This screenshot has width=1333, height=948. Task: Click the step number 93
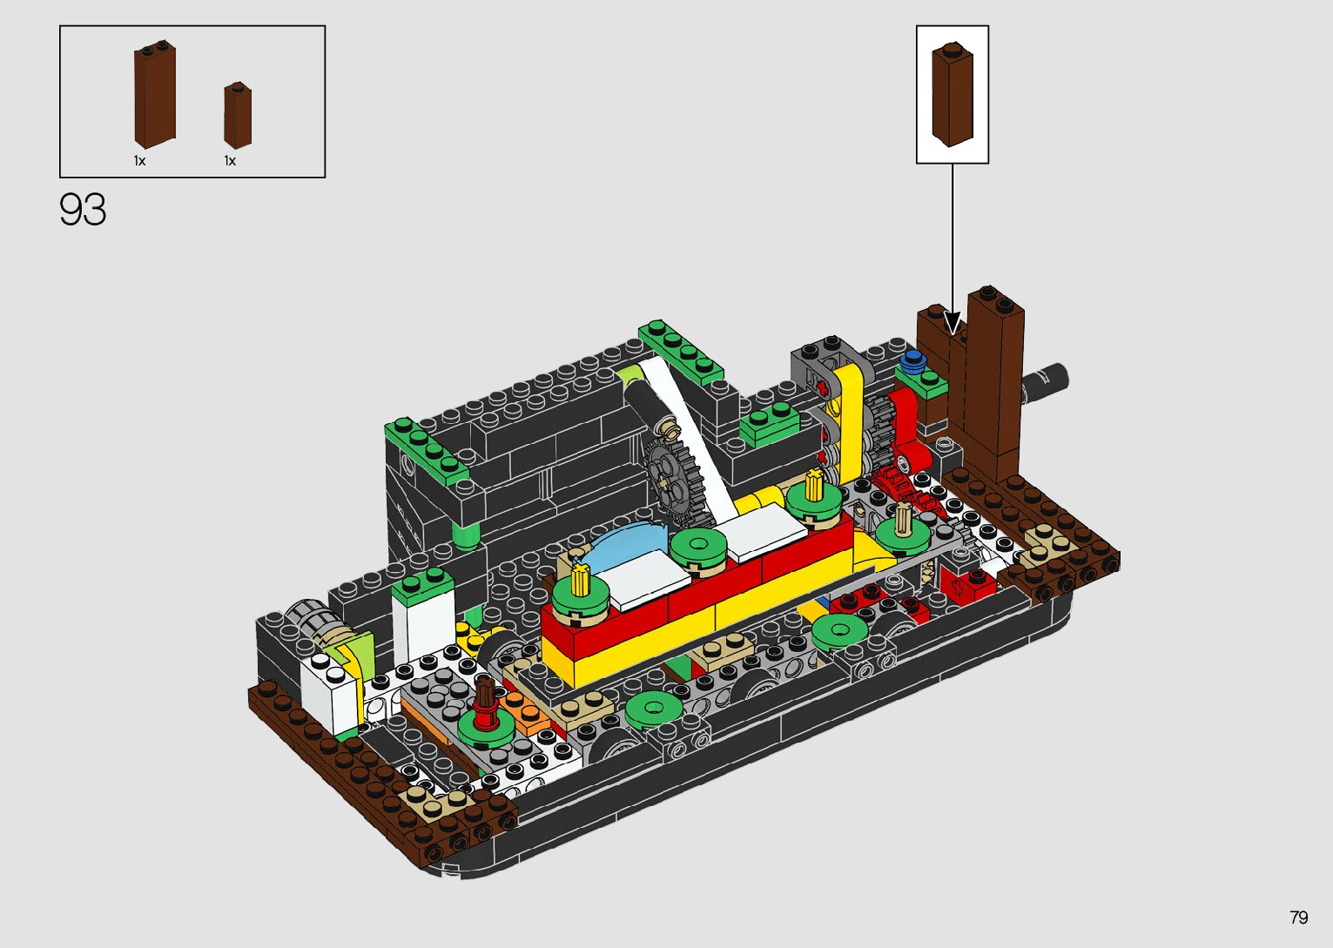[x=83, y=210]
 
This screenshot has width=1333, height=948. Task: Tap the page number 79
[x=1299, y=917]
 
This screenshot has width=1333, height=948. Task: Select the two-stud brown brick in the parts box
[x=155, y=94]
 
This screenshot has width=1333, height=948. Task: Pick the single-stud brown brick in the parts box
[x=238, y=116]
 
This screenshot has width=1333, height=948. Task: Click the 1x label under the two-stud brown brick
[x=140, y=161]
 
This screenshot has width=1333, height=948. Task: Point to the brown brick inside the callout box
[x=953, y=94]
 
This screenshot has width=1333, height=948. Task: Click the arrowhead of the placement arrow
[x=953, y=326]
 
